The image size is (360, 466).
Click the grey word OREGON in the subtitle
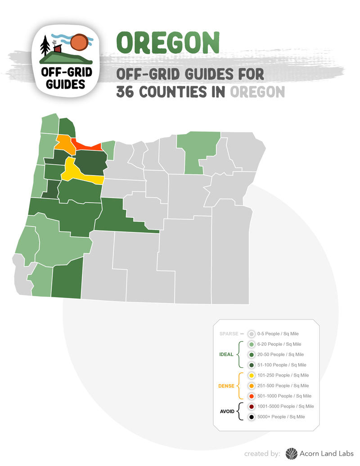[x=257, y=92]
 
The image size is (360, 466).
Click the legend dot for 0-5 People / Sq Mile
[x=252, y=334]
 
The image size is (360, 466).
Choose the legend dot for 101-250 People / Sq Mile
[x=252, y=376]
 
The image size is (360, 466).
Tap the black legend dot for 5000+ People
[x=252, y=417]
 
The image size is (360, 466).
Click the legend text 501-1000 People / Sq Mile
[x=284, y=396]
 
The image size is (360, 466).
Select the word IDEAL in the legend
[x=226, y=354]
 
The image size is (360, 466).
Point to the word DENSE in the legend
[x=226, y=386]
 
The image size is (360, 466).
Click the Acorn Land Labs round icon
[x=292, y=453]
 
